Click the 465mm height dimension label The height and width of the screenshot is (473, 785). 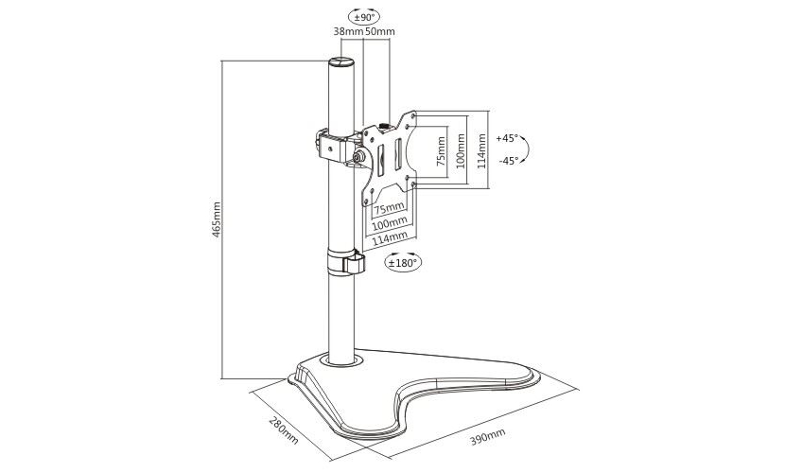coord(217,219)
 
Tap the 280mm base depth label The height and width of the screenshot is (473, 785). coord(284,429)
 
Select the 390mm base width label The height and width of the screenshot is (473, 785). coord(487,437)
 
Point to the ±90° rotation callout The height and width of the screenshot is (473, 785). coord(364,18)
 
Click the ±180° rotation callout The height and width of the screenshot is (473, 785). coord(403,262)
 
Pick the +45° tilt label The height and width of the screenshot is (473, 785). coord(507,139)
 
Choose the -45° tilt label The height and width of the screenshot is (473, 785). coord(508,161)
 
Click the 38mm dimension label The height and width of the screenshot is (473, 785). coord(348,31)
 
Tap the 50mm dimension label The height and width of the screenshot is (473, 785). coord(379,31)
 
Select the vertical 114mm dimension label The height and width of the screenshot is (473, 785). coord(481,150)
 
